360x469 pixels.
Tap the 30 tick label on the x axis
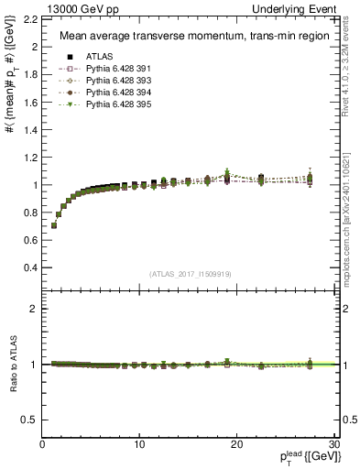tap(333, 444)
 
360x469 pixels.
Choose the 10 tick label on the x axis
tap(139, 444)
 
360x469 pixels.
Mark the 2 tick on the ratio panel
tap(33, 309)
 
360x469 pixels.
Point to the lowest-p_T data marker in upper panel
tap(54, 225)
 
